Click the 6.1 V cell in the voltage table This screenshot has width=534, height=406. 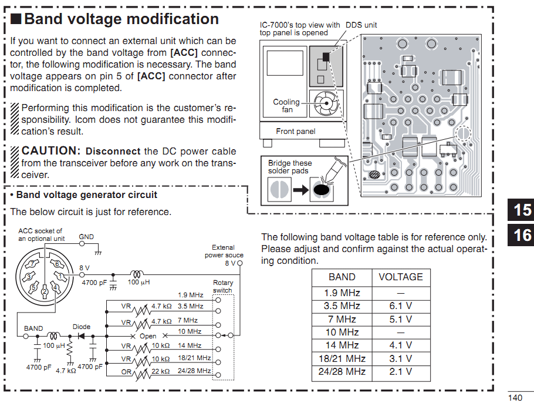[x=400, y=306]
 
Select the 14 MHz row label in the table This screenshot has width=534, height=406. [x=342, y=345]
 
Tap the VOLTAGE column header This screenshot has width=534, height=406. [x=400, y=277]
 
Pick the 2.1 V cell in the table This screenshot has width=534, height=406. [x=400, y=372]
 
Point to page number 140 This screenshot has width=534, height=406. [x=516, y=398]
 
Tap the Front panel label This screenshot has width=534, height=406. [x=295, y=132]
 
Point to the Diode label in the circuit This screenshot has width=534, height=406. [x=82, y=327]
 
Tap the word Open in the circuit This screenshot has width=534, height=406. [x=148, y=336]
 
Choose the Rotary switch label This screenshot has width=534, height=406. [x=222, y=286]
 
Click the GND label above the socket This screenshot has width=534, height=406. [x=86, y=237]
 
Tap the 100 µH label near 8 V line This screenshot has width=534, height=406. [x=138, y=283]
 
